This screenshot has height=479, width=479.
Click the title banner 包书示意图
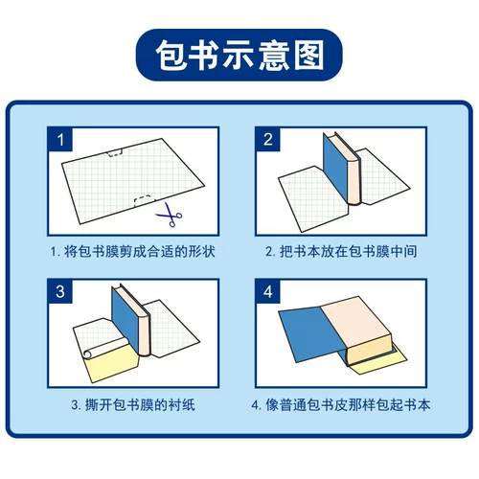(x=239, y=55)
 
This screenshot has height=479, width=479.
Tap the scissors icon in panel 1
(x=170, y=215)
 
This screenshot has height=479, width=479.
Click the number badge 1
(x=60, y=140)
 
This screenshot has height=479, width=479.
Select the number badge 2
(x=268, y=140)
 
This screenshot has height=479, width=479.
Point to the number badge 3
(x=60, y=291)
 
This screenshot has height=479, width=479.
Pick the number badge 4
(x=268, y=291)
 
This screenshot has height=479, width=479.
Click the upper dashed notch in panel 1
(x=115, y=152)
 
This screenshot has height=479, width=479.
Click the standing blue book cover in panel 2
(x=334, y=168)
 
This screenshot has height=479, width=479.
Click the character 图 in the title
(x=308, y=55)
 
